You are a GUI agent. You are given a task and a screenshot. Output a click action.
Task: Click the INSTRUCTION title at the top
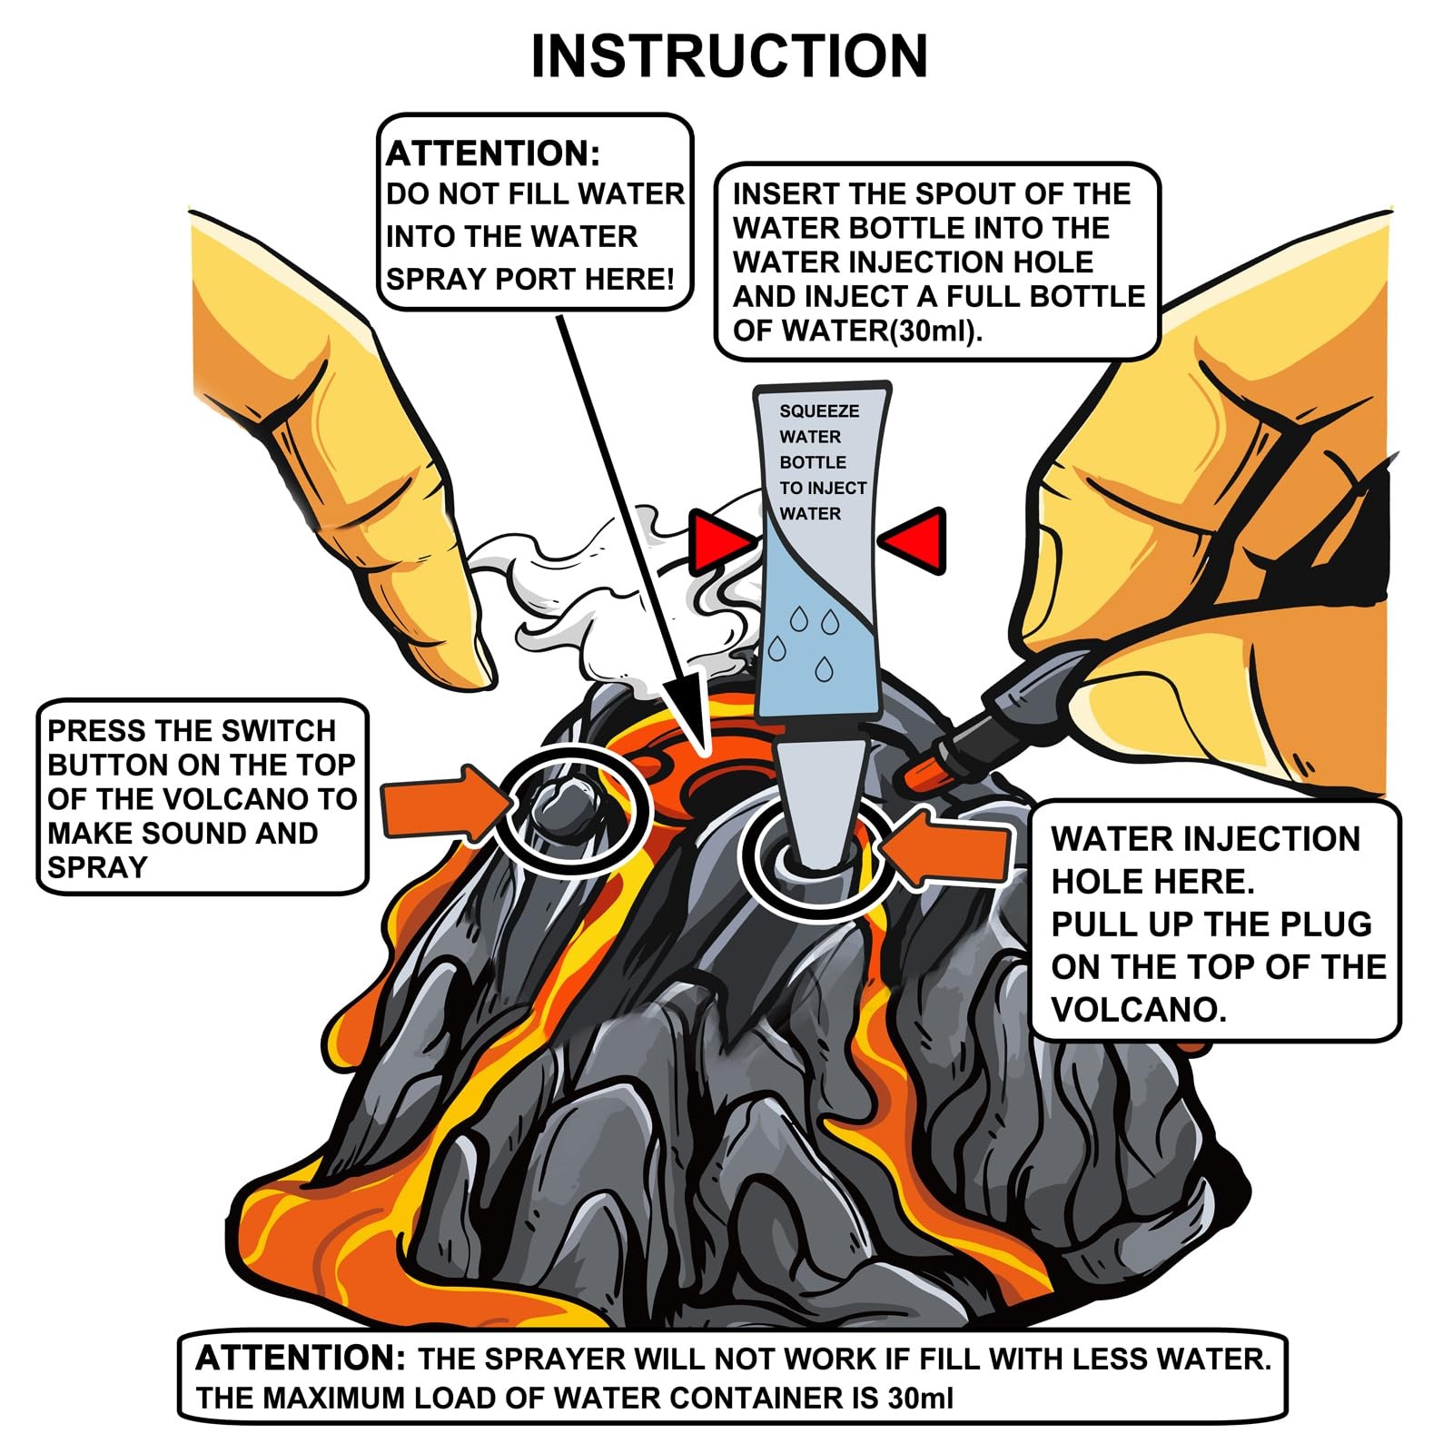728,56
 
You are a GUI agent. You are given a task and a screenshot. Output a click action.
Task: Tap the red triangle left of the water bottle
718,541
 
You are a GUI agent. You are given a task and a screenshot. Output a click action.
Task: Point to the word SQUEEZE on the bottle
818,411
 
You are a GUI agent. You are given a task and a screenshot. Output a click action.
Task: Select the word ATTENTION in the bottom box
301,1359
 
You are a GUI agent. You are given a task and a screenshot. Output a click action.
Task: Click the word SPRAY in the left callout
96,867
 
